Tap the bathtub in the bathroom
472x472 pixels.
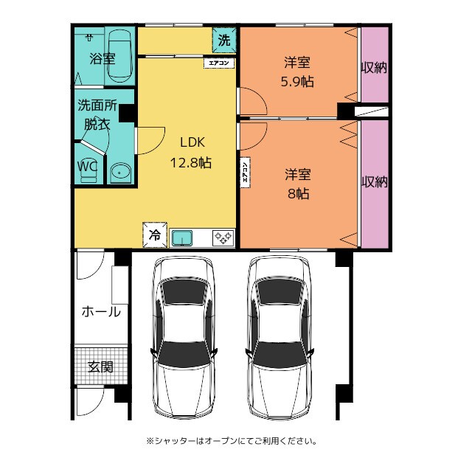click(x=119, y=56)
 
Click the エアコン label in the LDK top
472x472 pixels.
click(x=220, y=63)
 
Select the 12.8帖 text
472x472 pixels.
click(x=191, y=163)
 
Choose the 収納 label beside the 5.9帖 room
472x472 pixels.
click(x=374, y=68)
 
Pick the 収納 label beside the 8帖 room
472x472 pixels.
click(x=374, y=182)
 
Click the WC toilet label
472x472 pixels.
click(x=87, y=167)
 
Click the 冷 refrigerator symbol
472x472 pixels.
click(x=155, y=235)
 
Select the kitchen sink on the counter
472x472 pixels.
click(x=182, y=237)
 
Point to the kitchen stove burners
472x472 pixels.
click(x=223, y=237)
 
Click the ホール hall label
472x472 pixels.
click(x=100, y=312)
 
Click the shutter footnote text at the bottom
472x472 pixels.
click(x=232, y=441)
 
